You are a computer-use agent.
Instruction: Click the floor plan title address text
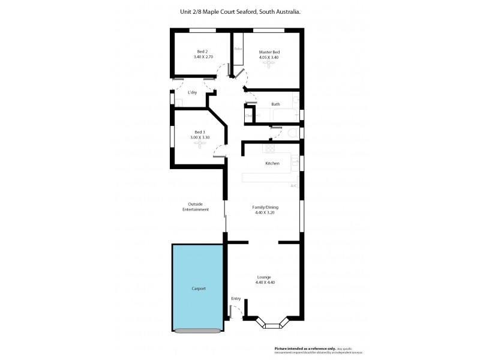240,11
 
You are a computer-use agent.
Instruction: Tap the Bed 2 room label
202,52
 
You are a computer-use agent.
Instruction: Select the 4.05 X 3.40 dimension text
269,58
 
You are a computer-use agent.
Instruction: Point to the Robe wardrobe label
238,49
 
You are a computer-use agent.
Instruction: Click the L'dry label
192,92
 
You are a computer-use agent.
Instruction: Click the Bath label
275,104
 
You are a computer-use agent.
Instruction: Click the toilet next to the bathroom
293,133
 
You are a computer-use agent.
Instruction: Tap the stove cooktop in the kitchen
269,148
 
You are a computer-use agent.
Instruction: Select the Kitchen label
272,163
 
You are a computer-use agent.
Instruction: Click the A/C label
294,186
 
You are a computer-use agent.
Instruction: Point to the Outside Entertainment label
198,207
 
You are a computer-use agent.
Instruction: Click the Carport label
199,289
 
